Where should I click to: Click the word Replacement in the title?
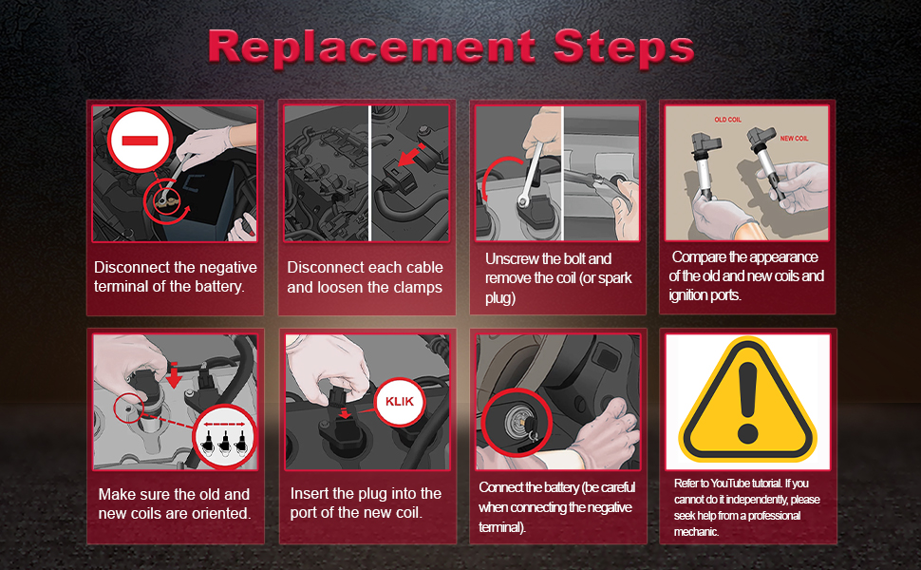[372, 47]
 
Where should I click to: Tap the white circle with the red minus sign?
[140, 140]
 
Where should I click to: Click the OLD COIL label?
[727, 120]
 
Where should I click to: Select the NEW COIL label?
[794, 138]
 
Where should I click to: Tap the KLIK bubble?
[400, 401]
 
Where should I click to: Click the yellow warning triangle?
[747, 400]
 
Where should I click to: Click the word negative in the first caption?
[225, 268]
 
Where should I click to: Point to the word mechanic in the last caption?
[696, 532]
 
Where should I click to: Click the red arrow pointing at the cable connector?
[411, 154]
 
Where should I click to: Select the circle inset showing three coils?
[224, 437]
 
